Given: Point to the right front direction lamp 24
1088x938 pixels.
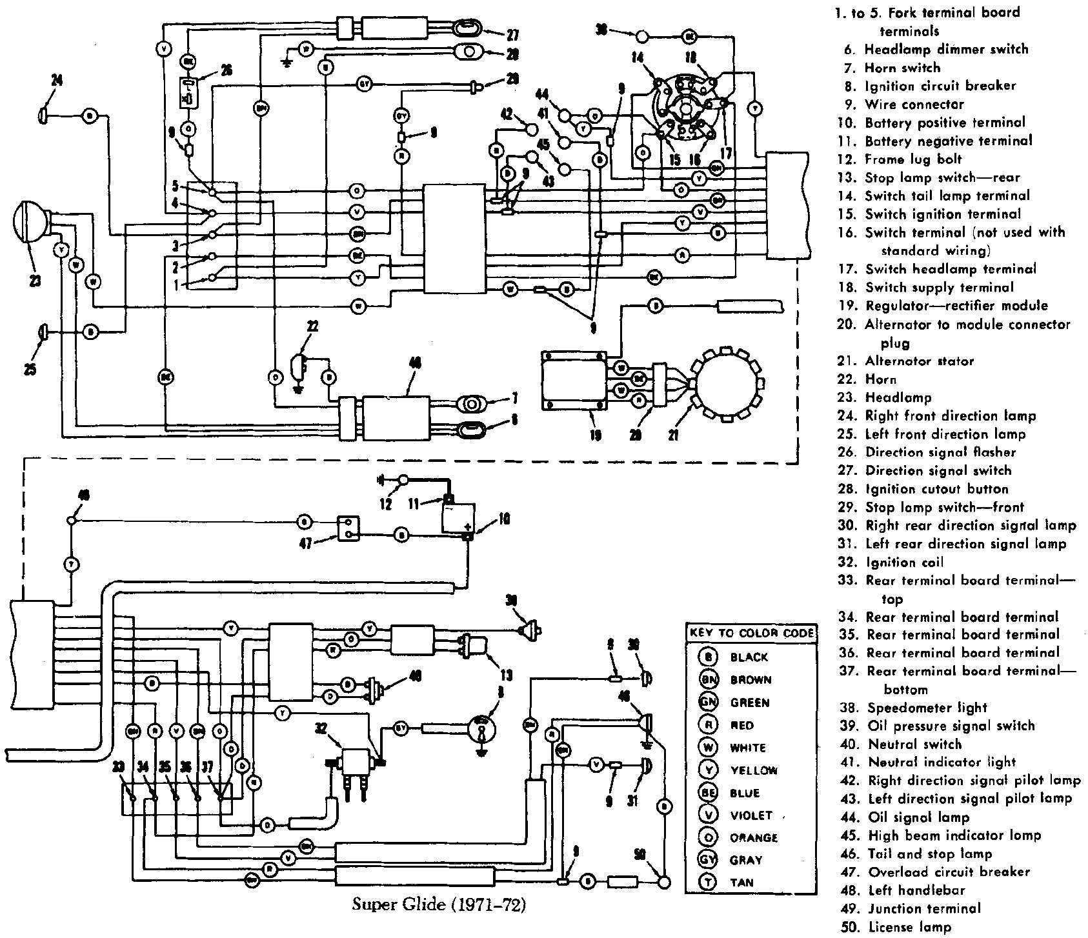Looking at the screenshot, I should (x=43, y=115).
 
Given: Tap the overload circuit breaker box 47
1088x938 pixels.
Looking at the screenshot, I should (x=347, y=528).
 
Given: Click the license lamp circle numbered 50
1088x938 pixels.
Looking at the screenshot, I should (x=663, y=882).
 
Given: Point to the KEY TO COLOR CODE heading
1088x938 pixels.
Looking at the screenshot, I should (x=751, y=633).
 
